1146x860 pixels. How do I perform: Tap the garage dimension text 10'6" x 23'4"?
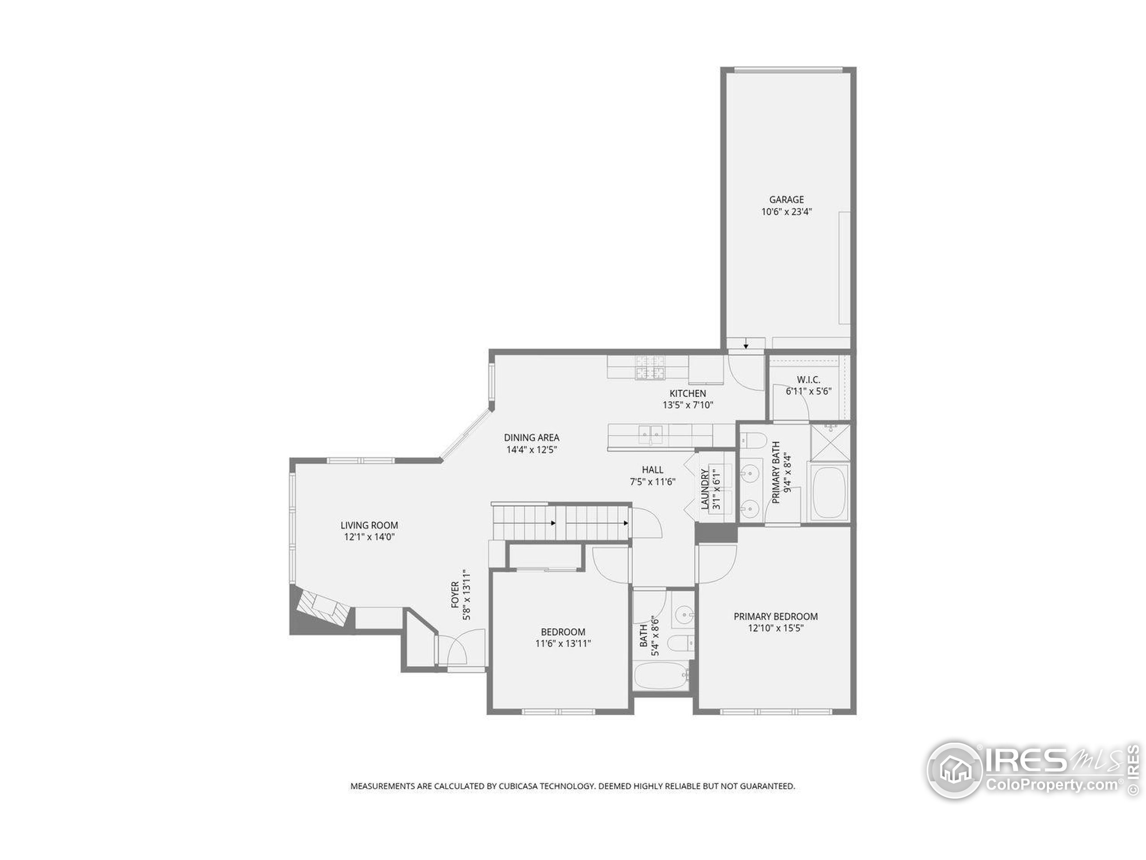point(787,211)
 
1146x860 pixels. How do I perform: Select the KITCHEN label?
point(688,393)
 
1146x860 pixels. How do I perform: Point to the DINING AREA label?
point(531,438)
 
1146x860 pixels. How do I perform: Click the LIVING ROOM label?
point(369,525)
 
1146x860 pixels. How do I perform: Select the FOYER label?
point(455,594)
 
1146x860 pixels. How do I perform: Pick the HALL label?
point(652,470)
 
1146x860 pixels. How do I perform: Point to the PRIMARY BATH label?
point(776,472)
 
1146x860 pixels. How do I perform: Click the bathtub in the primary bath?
point(829,492)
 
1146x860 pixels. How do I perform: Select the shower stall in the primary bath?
point(830,442)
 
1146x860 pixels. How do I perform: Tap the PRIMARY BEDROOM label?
point(776,616)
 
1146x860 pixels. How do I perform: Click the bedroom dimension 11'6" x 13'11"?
point(563,644)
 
